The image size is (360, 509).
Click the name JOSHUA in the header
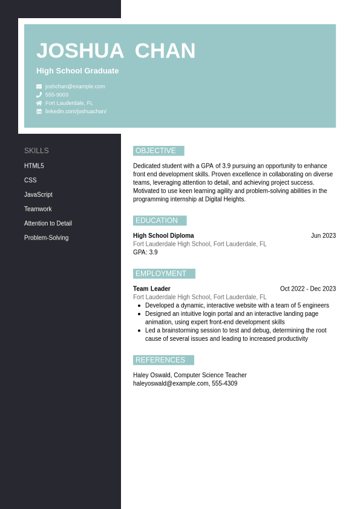pyautogui.click(x=80, y=51)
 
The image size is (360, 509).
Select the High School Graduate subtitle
pyautogui.click(x=77, y=71)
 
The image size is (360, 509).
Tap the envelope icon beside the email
pyautogui.click(x=39, y=87)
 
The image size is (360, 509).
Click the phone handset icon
pyautogui.click(x=39, y=95)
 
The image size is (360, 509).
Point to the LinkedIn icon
pyautogui.click(x=39, y=111)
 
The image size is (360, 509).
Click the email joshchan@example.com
pyautogui.click(x=75, y=87)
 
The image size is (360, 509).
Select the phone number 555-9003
pyautogui.click(x=57, y=95)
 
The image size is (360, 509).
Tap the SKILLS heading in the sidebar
pyautogui.click(x=36, y=151)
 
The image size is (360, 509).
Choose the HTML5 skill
pyautogui.click(x=34, y=166)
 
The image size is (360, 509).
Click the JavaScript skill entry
pyautogui.click(x=38, y=195)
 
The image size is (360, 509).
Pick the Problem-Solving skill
pyautogui.click(x=46, y=238)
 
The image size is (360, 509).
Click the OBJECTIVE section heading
pyautogui.click(x=156, y=151)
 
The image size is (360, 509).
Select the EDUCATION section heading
pyautogui.click(x=157, y=220)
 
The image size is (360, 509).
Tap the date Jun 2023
pyautogui.click(x=323, y=236)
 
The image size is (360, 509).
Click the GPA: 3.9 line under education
pyautogui.click(x=145, y=252)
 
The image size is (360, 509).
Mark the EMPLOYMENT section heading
pyautogui.click(x=161, y=274)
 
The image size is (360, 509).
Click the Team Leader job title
pyautogui.click(x=152, y=289)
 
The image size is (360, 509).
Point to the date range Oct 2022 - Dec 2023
pyautogui.click(x=307, y=289)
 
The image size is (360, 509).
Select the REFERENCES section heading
pyautogui.click(x=160, y=360)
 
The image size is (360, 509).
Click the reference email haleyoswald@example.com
pyautogui.click(x=171, y=384)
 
